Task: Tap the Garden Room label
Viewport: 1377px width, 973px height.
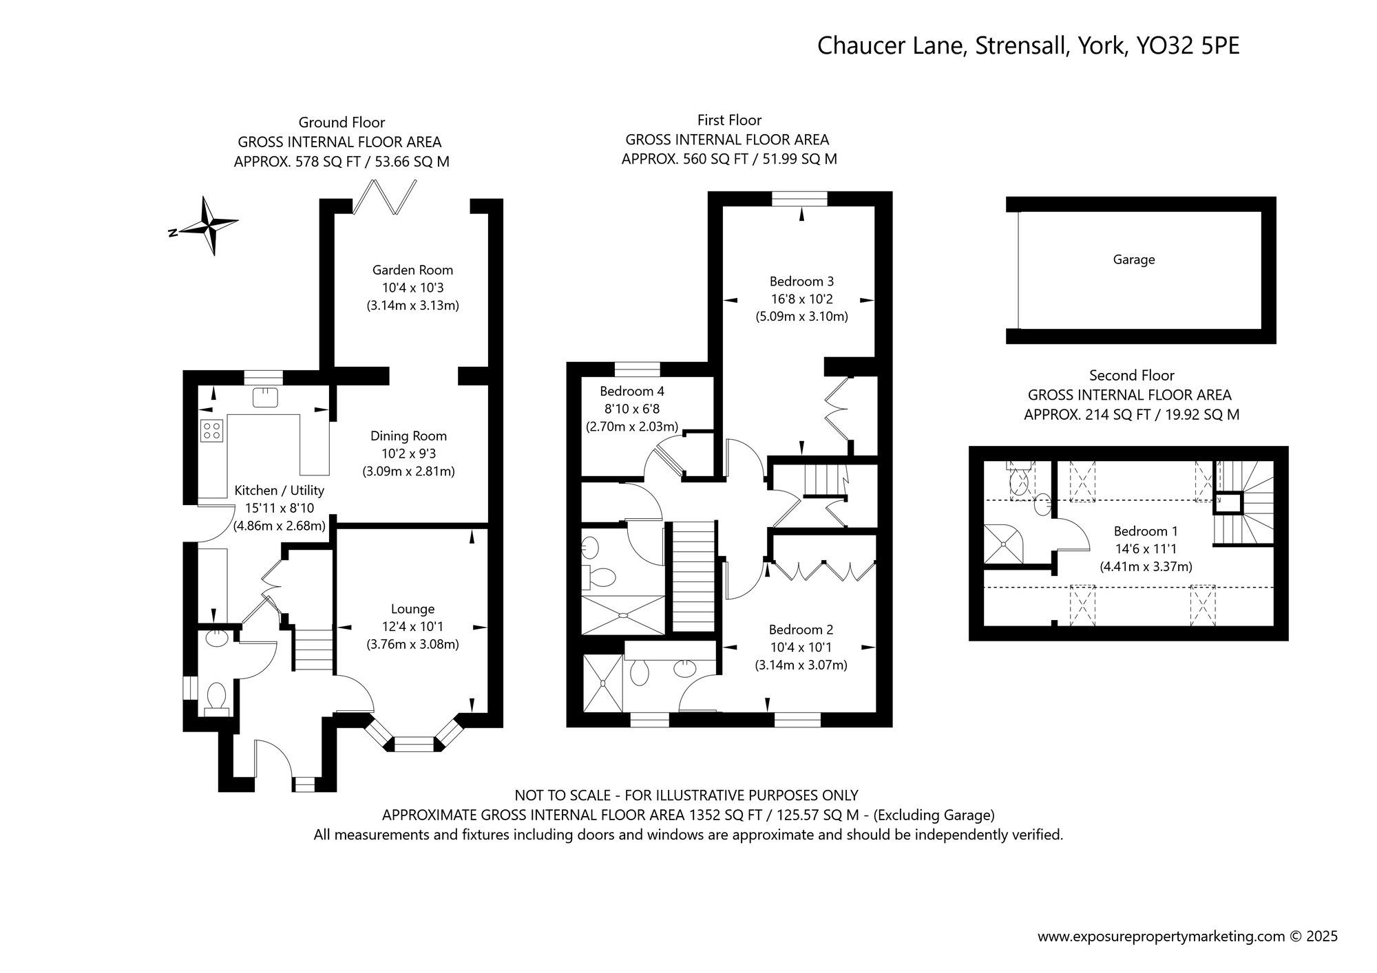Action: click(x=412, y=270)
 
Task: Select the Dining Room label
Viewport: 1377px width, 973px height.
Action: click(x=408, y=436)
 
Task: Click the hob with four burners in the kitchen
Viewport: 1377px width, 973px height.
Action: click(x=212, y=431)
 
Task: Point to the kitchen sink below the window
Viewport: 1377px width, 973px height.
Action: click(x=264, y=397)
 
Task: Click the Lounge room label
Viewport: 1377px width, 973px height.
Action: click(x=412, y=609)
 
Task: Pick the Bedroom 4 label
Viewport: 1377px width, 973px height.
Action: click(x=632, y=391)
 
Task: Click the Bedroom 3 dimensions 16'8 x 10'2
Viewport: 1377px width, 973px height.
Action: click(x=801, y=299)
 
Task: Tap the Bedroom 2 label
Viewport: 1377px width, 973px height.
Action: click(x=801, y=630)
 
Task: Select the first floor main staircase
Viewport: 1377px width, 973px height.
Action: click(x=693, y=577)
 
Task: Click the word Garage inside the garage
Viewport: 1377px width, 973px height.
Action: click(x=1134, y=259)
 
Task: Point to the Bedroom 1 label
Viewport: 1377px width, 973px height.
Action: click(x=1146, y=531)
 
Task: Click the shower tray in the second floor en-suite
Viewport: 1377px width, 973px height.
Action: click(x=1003, y=544)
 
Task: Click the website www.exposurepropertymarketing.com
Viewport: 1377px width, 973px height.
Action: click(x=1161, y=937)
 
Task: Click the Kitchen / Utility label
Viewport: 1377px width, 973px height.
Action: click(x=279, y=491)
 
